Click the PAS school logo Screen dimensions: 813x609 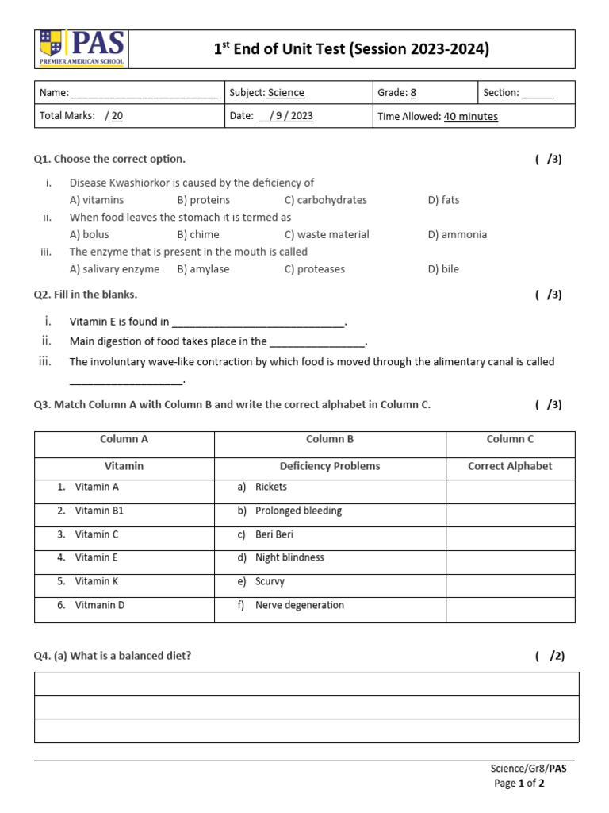(x=80, y=49)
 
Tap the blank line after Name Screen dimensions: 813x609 (x=144, y=94)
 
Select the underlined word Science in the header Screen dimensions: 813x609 (x=286, y=93)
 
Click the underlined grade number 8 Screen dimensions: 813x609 (x=413, y=93)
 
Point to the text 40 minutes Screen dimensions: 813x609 (x=471, y=117)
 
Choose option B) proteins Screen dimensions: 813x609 (x=204, y=200)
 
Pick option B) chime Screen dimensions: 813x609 (x=198, y=234)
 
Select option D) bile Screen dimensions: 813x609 (x=443, y=269)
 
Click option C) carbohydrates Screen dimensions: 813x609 (x=326, y=200)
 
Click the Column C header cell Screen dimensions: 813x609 (x=510, y=439)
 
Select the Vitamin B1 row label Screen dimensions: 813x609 (x=99, y=511)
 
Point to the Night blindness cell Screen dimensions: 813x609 (x=289, y=557)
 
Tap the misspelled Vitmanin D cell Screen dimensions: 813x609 (x=100, y=605)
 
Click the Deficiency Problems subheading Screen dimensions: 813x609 (x=330, y=466)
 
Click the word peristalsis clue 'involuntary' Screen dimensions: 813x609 (x=117, y=362)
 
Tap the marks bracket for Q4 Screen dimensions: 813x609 (x=550, y=656)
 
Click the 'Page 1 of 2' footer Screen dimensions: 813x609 (x=519, y=783)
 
